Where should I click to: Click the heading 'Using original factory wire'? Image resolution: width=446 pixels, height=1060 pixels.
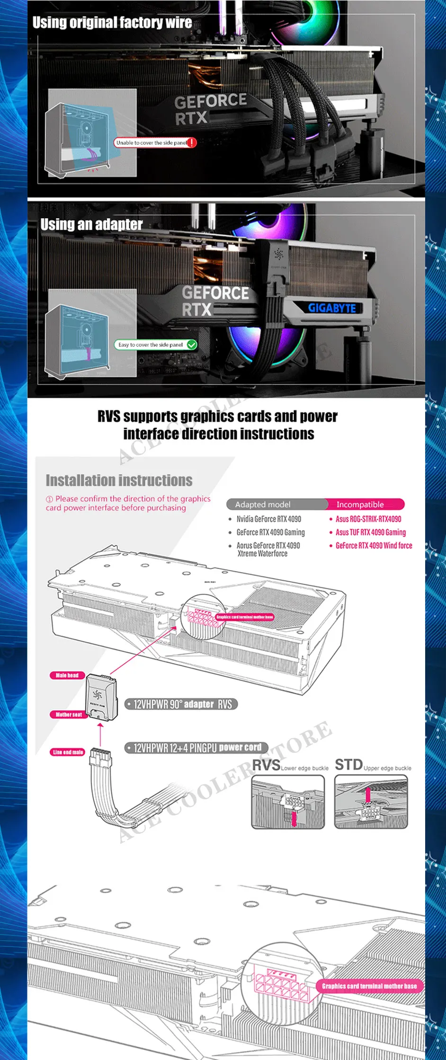[x=112, y=23]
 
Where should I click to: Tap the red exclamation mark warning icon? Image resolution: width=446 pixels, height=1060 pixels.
[x=192, y=142]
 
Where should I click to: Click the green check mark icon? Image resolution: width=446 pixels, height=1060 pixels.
[x=192, y=344]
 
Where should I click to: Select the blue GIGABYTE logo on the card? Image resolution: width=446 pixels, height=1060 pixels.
[x=332, y=308]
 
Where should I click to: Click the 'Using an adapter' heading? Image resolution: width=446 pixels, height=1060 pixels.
[x=91, y=224]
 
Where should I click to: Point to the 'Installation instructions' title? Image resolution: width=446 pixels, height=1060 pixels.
[x=119, y=480]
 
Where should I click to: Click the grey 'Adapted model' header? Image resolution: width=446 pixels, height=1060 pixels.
[x=263, y=504]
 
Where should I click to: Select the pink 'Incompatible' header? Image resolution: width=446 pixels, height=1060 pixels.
[x=360, y=504]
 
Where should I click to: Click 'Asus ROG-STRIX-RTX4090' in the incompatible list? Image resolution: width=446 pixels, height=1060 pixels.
[x=368, y=519]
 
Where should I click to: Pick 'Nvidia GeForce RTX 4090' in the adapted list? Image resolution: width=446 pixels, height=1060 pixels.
[x=268, y=519]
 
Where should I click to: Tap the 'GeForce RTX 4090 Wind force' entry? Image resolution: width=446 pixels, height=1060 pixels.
[x=374, y=546]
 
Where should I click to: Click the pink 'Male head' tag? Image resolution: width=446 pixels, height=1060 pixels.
[x=67, y=675]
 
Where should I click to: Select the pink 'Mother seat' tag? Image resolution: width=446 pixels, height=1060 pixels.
[x=69, y=715]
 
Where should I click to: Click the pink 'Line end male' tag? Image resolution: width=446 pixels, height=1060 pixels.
[x=68, y=752]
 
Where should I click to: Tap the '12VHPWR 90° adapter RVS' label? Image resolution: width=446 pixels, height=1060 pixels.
[x=182, y=704]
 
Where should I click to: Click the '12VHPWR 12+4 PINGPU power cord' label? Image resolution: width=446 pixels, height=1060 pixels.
[x=197, y=748]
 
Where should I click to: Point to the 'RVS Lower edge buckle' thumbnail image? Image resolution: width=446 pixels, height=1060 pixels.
[x=288, y=802]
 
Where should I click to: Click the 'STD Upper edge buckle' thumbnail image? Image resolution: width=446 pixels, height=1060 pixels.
[x=371, y=802]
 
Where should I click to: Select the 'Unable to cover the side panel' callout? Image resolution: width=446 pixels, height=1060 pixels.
[x=152, y=142]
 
